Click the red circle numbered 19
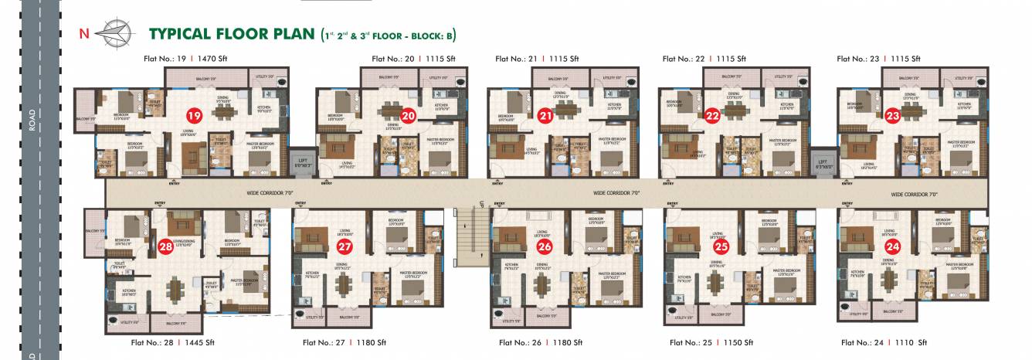coord(193,117)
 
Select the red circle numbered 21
coord(545,117)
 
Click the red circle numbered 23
coord(893,117)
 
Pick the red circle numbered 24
coord(893,247)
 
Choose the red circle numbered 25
coord(721,247)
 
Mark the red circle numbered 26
coord(545,247)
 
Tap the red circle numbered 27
coord(345,247)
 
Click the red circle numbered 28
coord(165,247)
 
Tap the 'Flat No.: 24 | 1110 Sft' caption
coord(884,342)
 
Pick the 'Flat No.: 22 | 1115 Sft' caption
coord(704,59)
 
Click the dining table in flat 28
coord(176,290)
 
